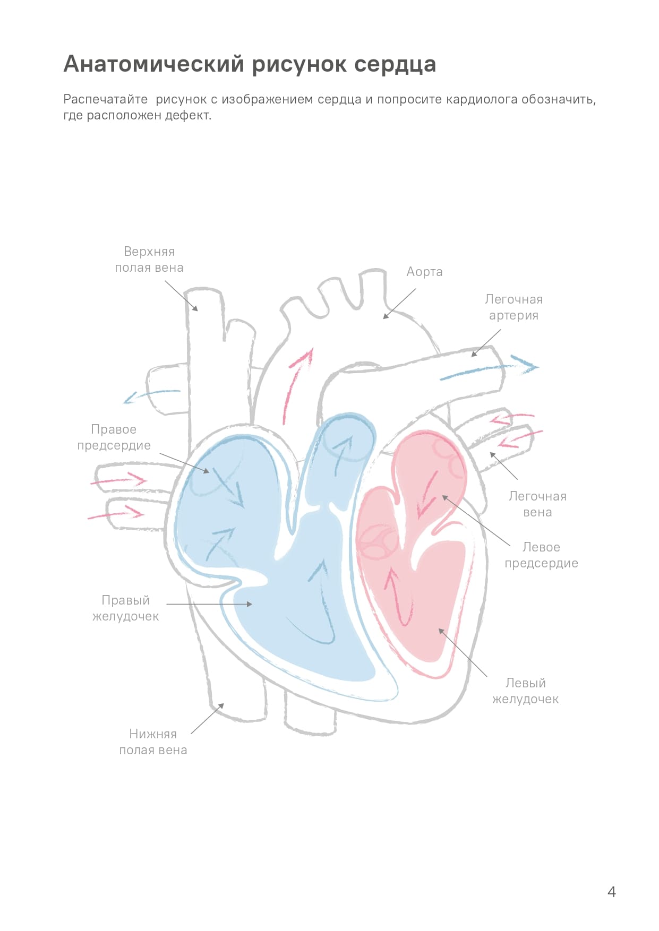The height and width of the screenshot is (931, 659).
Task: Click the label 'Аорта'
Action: [x=424, y=272]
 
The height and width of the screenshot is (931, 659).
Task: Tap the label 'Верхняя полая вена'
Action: [x=149, y=260]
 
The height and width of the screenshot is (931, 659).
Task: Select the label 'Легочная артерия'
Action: [x=513, y=307]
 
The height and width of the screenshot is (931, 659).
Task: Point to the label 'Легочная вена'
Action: [x=537, y=504]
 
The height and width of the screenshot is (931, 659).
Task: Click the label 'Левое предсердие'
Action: [x=541, y=555]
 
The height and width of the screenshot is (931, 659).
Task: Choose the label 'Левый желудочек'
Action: [x=525, y=691]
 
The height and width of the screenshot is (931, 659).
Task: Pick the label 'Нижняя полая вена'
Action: [x=153, y=742]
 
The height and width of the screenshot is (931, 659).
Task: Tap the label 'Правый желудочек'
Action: [x=126, y=608]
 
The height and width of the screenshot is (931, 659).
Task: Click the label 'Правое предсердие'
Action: [x=114, y=437]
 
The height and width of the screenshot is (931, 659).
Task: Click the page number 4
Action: [x=612, y=892]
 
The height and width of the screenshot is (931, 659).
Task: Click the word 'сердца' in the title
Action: [x=395, y=64]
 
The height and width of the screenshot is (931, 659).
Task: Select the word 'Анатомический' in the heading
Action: [x=154, y=64]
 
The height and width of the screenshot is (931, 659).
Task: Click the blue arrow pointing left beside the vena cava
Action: [x=151, y=395]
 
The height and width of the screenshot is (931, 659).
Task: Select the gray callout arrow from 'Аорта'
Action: [x=399, y=304]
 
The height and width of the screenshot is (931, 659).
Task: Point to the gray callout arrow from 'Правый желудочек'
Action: [x=209, y=604]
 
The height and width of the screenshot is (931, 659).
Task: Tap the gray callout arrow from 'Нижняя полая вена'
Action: [x=207, y=719]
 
